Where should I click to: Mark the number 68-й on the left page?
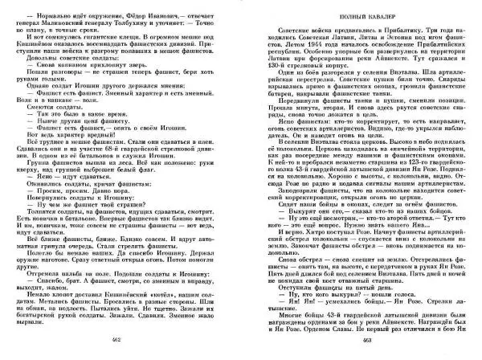(x=117, y=149)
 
